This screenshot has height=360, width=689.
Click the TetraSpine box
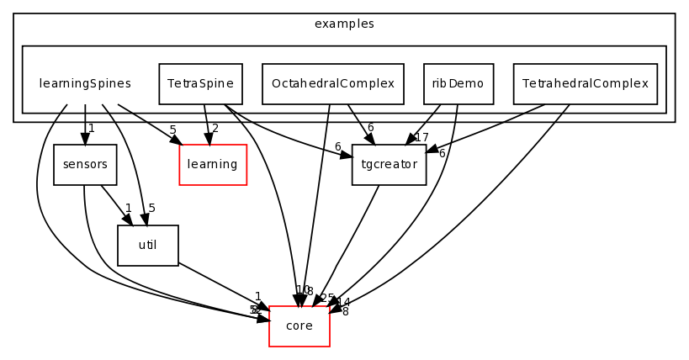point(200,84)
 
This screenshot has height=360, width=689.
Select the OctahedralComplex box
point(332,84)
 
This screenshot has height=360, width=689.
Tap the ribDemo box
point(458,84)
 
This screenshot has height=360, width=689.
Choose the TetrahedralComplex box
point(585,84)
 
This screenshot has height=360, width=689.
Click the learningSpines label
point(85,84)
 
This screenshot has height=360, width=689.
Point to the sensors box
point(85,165)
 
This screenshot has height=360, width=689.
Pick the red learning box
point(212,165)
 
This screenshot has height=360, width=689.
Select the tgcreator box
point(389,165)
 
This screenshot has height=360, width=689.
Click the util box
point(147,246)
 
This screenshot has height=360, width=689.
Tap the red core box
point(299,326)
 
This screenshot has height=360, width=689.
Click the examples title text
point(343,24)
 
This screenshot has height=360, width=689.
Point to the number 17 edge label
point(421,138)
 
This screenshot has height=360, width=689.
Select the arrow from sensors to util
point(115,204)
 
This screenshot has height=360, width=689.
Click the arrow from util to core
point(223,286)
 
